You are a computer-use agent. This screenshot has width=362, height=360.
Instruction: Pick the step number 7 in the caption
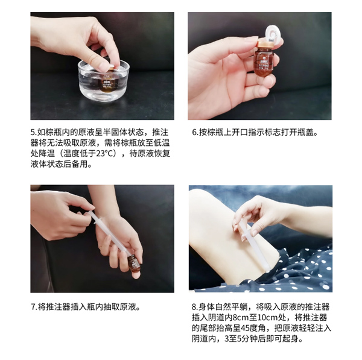33,306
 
